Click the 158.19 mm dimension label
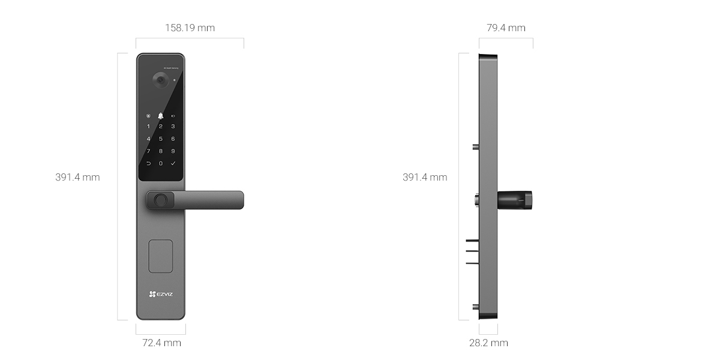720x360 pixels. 190,28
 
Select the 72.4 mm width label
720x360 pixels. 161,343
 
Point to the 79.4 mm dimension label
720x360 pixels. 505,28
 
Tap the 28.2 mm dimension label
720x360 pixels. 488,343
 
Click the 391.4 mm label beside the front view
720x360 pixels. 77,177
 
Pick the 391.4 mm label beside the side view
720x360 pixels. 425,177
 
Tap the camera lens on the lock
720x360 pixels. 160,81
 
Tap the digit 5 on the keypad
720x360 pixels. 161,139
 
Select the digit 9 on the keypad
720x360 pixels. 173,151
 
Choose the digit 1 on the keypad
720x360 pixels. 148,127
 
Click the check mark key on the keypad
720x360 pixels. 173,163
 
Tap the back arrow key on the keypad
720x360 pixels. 148,163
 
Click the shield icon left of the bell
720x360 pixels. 148,116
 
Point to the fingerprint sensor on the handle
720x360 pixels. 160,200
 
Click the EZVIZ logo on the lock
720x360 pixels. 161,294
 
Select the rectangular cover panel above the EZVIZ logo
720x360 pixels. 161,256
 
